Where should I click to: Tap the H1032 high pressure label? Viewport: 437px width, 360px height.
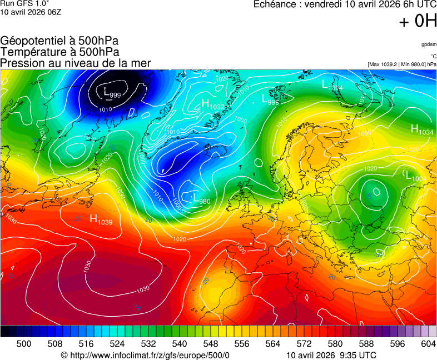[x=213, y=104]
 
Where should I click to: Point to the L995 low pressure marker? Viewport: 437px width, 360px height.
[x=270, y=99]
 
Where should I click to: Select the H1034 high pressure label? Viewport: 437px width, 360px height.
[x=422, y=130]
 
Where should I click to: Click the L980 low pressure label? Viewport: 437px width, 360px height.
[x=201, y=199]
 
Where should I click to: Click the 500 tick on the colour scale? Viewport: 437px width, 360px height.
[x=24, y=344]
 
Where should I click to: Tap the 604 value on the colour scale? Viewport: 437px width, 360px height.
[x=428, y=344]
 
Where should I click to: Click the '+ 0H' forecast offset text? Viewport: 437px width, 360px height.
[x=418, y=21]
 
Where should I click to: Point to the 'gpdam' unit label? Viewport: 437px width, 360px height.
[x=429, y=44]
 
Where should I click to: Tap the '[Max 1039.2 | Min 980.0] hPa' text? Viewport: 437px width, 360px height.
[x=402, y=64]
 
